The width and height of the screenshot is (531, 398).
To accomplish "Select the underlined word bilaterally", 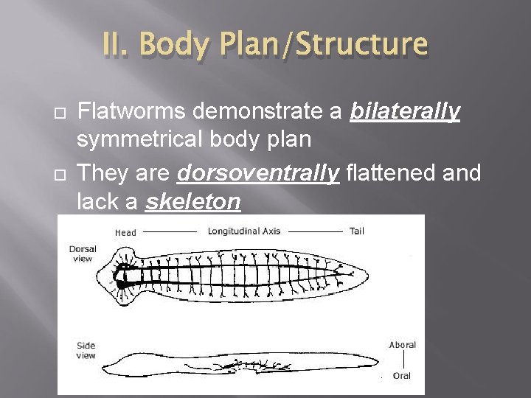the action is pos(405,111).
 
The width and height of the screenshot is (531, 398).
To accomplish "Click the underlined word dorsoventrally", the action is pos(258,173).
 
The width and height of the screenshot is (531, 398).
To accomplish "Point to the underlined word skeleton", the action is pos(193,201).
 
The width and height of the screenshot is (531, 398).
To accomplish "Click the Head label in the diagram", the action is pos(125,232).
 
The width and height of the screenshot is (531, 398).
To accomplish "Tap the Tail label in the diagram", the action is pos(356,231).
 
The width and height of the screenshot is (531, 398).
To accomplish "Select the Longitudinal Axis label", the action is pos(244,231).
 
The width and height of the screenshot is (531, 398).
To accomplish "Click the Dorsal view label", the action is pos(83,254).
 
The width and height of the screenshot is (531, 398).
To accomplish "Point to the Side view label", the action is pos(86,350).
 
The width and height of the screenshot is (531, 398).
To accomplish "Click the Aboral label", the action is pos(402,344).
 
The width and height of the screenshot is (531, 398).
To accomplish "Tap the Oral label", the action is pos(402,375).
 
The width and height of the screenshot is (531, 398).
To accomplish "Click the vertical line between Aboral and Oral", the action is pos(403,360).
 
